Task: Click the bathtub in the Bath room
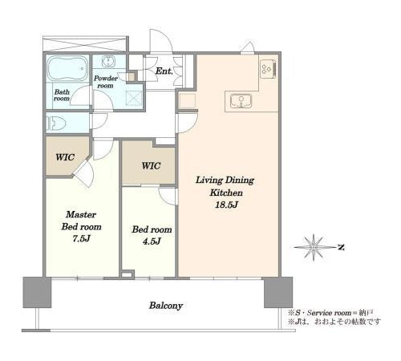(67, 68)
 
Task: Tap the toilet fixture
(56, 124)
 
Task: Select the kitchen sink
(241, 101)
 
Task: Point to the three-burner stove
(268, 69)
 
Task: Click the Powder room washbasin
(108, 62)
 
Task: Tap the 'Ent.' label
(164, 71)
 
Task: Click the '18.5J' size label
(226, 205)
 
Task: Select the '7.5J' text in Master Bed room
(81, 238)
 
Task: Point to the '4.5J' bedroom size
(152, 241)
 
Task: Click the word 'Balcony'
(166, 306)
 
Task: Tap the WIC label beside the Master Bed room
(65, 157)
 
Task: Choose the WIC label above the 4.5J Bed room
(151, 166)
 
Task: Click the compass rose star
(314, 247)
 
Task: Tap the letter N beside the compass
(341, 247)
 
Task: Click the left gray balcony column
(37, 292)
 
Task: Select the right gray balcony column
(278, 292)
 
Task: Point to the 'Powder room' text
(106, 82)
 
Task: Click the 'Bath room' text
(62, 95)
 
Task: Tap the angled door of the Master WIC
(83, 173)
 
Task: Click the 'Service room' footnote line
(330, 313)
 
